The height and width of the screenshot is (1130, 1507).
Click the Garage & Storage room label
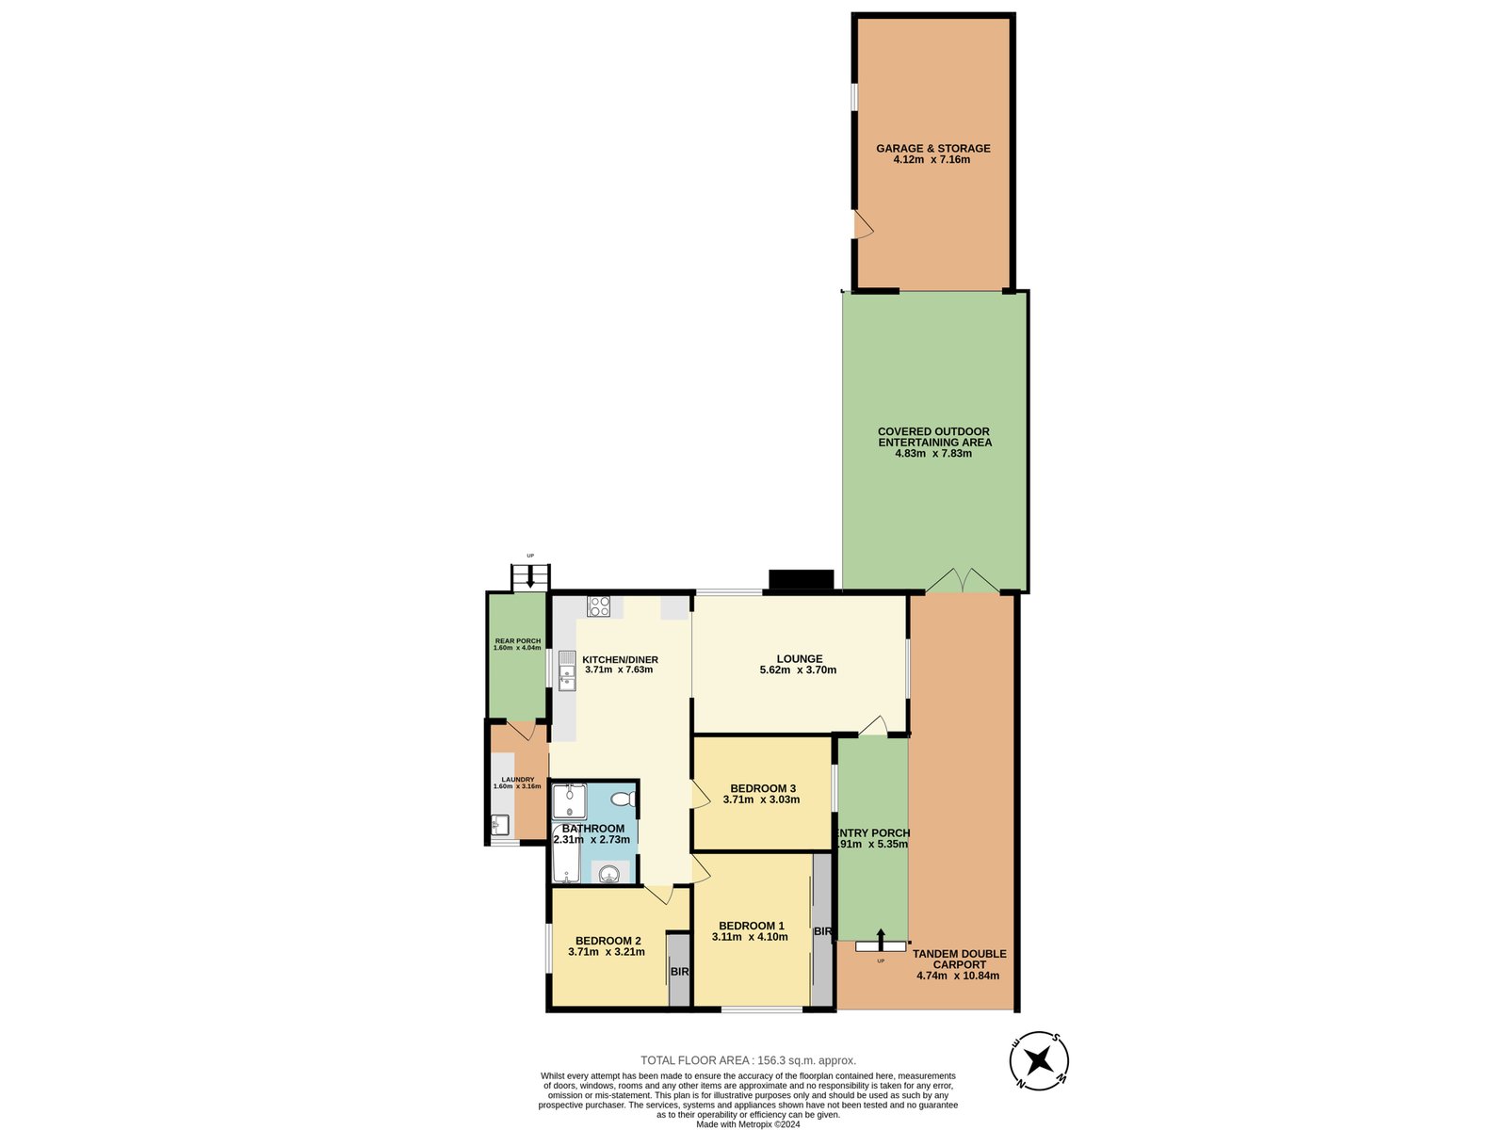click(x=932, y=149)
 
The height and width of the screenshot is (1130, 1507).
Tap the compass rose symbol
click(x=1040, y=1061)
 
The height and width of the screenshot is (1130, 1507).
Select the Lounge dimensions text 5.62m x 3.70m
click(x=798, y=670)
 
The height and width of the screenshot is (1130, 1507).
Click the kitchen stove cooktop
click(x=599, y=606)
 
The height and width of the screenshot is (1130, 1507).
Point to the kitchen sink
click(x=567, y=670)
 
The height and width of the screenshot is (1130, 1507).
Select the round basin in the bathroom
click(x=609, y=874)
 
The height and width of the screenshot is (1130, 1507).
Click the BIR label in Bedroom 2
click(x=679, y=972)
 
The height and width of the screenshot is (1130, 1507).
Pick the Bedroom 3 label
click(x=763, y=788)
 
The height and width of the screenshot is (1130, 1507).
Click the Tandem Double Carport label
click(x=958, y=959)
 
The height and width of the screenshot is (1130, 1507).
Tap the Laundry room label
click(x=517, y=780)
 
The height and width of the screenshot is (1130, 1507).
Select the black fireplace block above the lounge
click(x=802, y=580)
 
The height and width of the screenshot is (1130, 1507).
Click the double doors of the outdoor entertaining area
click(x=962, y=581)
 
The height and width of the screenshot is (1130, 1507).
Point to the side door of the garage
click(x=862, y=225)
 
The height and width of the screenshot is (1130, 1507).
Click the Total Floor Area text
click(x=748, y=1060)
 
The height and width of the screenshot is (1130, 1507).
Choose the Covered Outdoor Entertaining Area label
click(x=933, y=437)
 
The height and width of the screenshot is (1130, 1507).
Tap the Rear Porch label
click(x=517, y=641)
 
